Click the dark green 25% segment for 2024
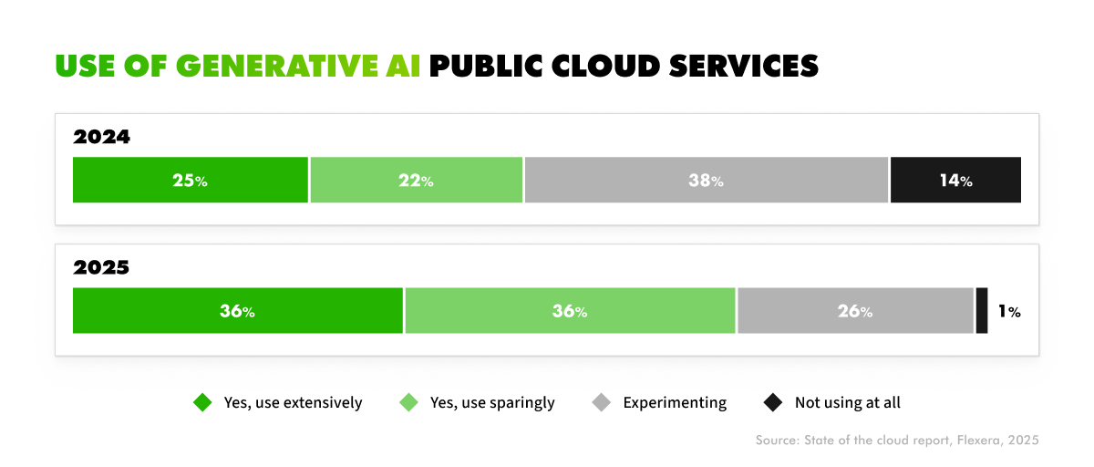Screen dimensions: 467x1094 (191, 180)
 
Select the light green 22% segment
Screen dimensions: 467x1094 (416, 180)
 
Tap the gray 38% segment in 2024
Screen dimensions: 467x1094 (706, 180)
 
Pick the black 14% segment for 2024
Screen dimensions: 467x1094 (955, 180)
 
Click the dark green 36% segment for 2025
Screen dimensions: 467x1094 (237, 311)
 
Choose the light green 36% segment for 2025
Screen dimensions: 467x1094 (570, 311)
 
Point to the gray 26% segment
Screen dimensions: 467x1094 (855, 311)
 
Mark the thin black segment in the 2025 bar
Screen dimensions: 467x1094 (982, 311)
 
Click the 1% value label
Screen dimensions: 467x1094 (1008, 312)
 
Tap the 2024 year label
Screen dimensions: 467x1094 (102, 138)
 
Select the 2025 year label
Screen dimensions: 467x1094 (102, 268)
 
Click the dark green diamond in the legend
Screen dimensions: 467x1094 (201, 402)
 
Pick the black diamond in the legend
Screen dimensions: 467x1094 (772, 402)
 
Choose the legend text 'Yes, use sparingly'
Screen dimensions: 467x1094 (492, 402)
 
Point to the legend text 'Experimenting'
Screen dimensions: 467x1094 (675, 402)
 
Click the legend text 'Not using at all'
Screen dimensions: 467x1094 (848, 402)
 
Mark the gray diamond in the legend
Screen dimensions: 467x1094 (601, 402)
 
